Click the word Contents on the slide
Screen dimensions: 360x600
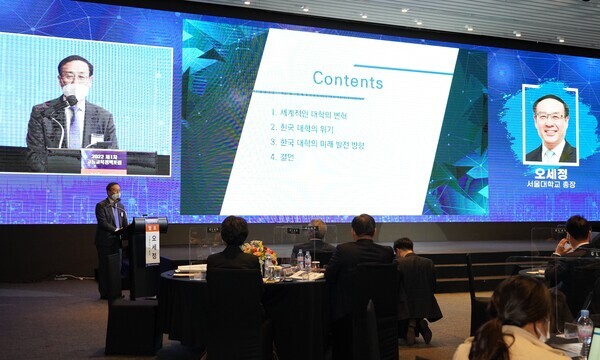pos(347,79)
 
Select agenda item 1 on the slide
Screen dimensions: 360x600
pos(309,114)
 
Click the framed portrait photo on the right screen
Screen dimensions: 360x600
pos(550,125)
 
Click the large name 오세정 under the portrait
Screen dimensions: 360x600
pos(550,174)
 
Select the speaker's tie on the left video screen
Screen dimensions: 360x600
pos(74,126)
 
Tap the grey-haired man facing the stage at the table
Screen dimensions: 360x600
pos(316,240)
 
